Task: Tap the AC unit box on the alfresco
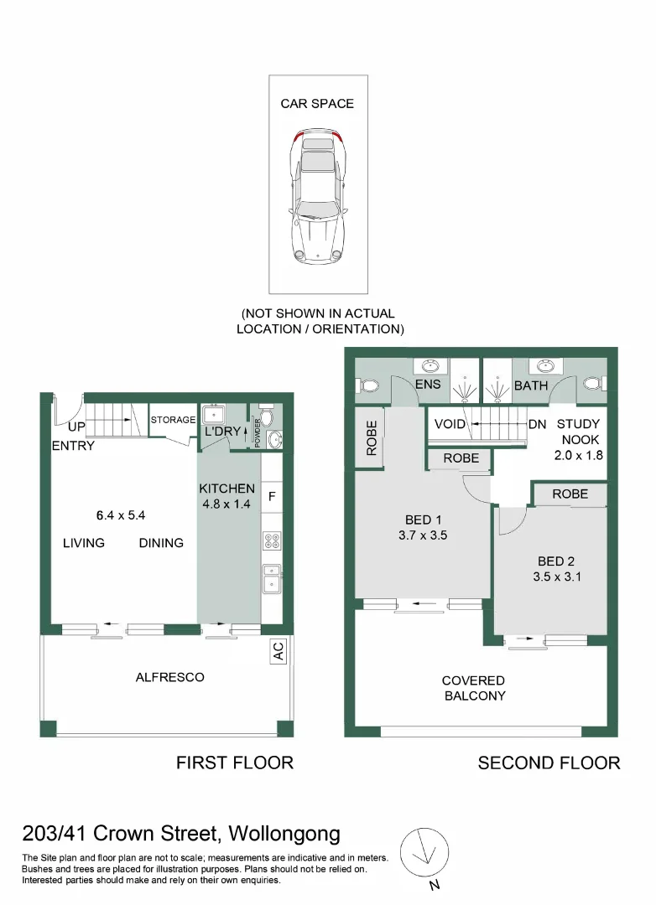278,654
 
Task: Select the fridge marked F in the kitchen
272,496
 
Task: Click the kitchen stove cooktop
272,540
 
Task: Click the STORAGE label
173,420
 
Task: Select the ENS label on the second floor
428,385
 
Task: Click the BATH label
530,385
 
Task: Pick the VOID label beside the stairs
450,424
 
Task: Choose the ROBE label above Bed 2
570,494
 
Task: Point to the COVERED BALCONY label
474,688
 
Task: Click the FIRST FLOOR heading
234,763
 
